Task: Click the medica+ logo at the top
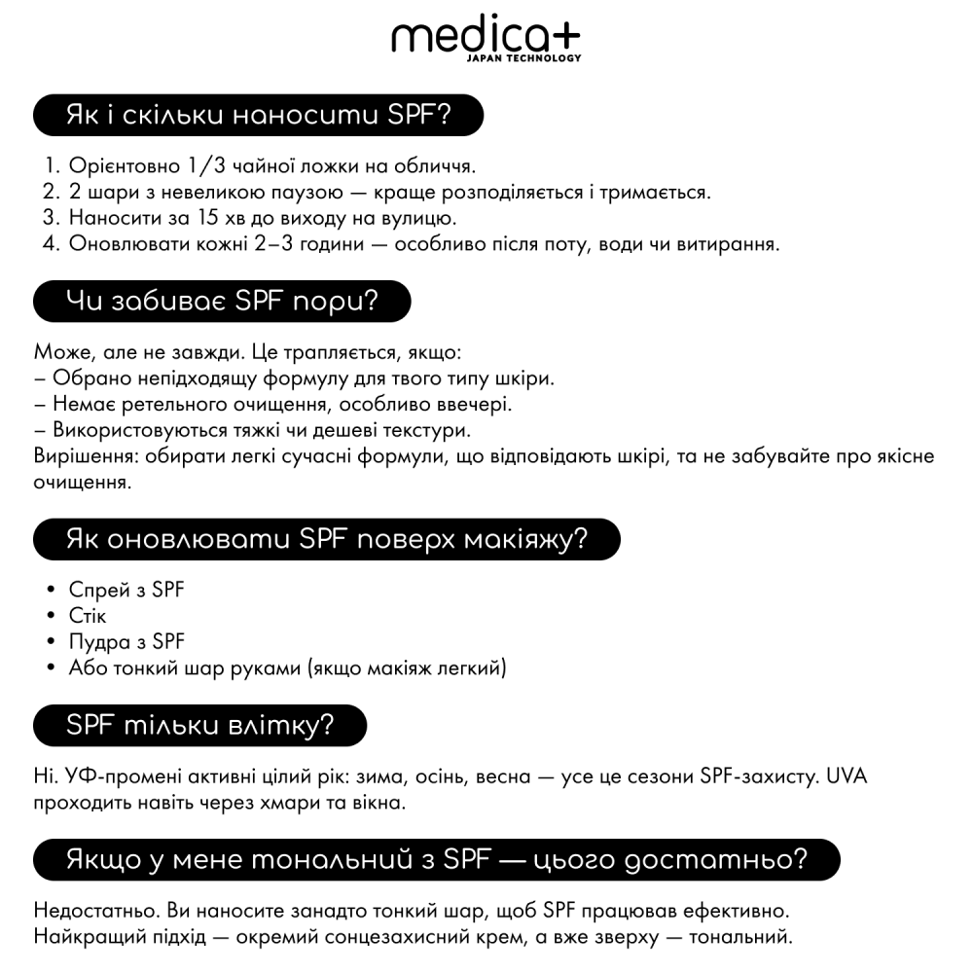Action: [x=485, y=38]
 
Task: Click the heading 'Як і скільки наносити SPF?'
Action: [x=258, y=116]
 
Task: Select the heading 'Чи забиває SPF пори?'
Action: [x=222, y=302]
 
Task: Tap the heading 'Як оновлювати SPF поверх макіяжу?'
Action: [x=327, y=540]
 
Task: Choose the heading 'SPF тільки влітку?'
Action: [x=199, y=725]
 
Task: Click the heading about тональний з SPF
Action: [x=436, y=859]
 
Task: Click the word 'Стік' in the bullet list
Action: [x=88, y=616]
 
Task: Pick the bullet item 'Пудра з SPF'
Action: [x=126, y=641]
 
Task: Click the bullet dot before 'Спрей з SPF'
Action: [x=50, y=590]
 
